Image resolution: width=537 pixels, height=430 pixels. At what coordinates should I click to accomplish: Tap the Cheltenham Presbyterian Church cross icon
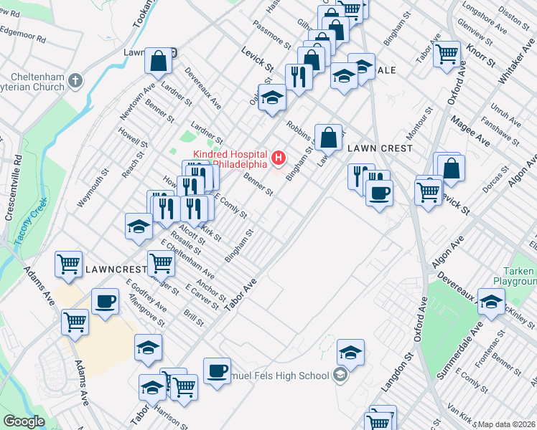click(x=75, y=79)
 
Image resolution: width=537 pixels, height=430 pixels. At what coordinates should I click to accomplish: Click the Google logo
click(x=24, y=421)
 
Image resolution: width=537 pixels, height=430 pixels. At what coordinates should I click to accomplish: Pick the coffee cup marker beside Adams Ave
click(x=105, y=300)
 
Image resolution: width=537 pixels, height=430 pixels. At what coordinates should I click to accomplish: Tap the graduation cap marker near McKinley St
click(x=491, y=301)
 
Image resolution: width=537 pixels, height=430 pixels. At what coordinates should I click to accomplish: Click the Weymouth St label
click(x=93, y=188)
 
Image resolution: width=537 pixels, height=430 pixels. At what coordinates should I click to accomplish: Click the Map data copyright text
click(x=506, y=424)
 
